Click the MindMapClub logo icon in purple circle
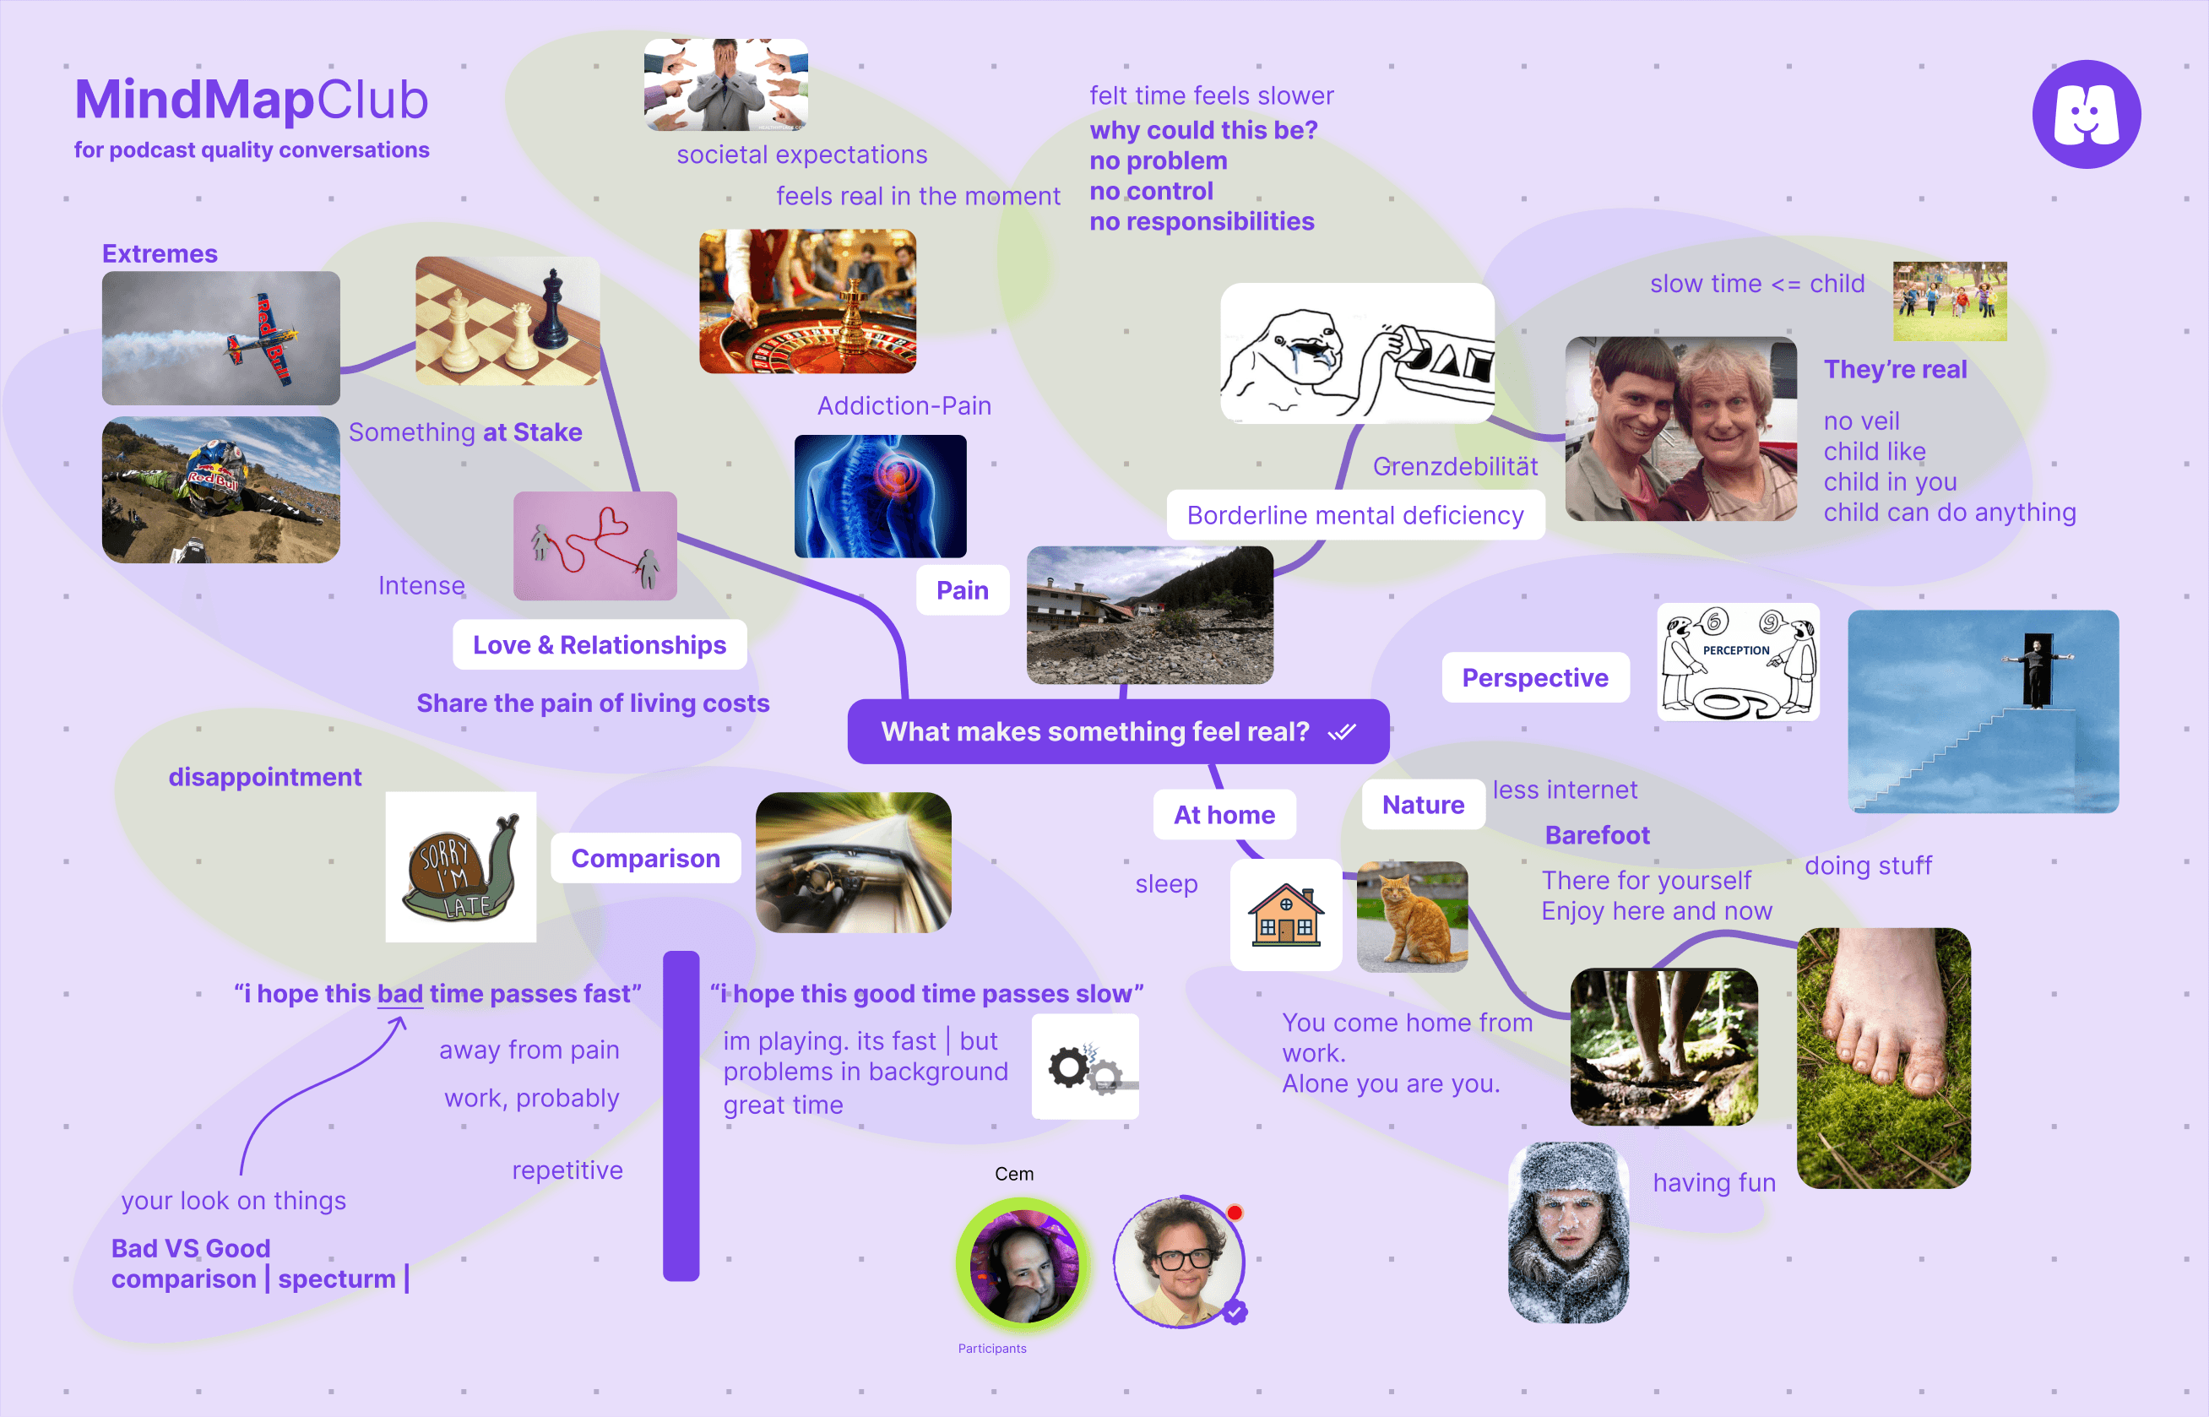click(2086, 114)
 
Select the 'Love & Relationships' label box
click(599, 645)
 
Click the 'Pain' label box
click(963, 589)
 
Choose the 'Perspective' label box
click(1534, 677)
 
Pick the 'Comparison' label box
click(645, 858)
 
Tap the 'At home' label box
click(1224, 814)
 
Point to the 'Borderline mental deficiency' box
click(1354, 515)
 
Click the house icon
click(1285, 915)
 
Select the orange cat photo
click(1411, 916)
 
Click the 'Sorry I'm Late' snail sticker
click(460, 866)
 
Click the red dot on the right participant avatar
click(1235, 1213)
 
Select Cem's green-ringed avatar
click(1022, 1262)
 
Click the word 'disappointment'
click(265, 777)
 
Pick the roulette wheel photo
click(807, 301)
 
